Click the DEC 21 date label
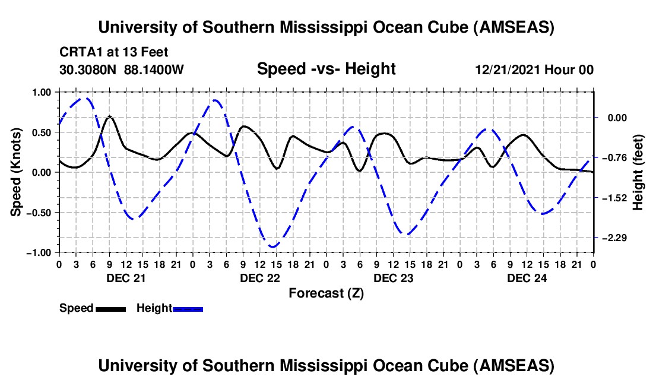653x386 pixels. click(125, 278)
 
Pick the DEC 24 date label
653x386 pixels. click(526, 278)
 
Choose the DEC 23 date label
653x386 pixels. click(392, 278)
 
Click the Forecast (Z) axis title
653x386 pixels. click(326, 293)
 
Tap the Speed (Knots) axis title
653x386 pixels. click(17, 172)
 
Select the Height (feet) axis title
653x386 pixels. click(638, 172)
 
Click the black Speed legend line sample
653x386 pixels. click(110, 308)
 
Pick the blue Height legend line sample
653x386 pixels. click(188, 308)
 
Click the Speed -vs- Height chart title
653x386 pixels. click(326, 69)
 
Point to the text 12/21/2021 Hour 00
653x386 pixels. click(534, 69)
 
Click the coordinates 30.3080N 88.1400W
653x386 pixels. click(122, 69)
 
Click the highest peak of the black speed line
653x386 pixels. click(109, 116)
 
